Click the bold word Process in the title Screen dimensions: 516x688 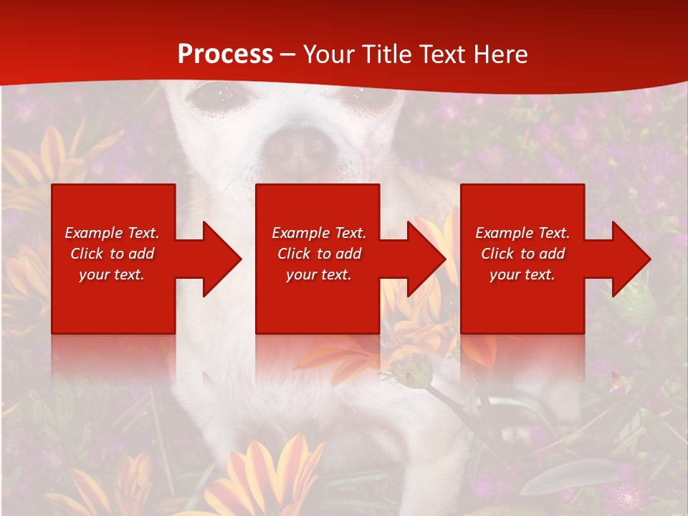(225, 54)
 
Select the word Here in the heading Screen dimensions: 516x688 (501, 54)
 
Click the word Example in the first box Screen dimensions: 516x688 (93, 233)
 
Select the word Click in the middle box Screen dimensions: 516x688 (293, 254)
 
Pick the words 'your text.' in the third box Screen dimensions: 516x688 (522, 274)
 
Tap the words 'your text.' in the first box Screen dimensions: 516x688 (112, 274)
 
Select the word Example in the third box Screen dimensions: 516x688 (504, 233)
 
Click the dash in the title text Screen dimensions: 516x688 (287, 54)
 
